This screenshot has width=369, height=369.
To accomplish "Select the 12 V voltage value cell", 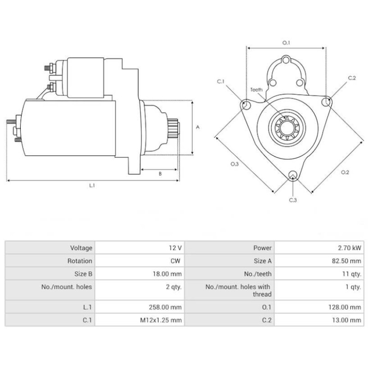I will tap(176, 248).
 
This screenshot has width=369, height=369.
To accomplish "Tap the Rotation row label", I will tap(79, 261).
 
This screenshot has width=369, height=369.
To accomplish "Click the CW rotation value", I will tap(175, 261).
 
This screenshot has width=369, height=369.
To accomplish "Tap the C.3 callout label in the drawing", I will tap(293, 200).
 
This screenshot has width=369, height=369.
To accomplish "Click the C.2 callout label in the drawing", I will tap(352, 77).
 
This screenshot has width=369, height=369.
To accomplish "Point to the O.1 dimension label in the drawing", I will tap(286, 43).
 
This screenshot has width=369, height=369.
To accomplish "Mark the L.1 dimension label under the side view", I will tap(92, 185).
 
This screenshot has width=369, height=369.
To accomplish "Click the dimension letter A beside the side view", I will tap(197, 127).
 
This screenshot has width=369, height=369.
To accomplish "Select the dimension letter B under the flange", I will tap(160, 174).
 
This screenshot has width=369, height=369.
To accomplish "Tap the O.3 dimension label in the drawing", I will tap(234, 164).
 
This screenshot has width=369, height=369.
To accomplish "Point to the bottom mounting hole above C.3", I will tap(292, 174).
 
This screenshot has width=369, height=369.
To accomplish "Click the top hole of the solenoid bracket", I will tap(286, 60).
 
